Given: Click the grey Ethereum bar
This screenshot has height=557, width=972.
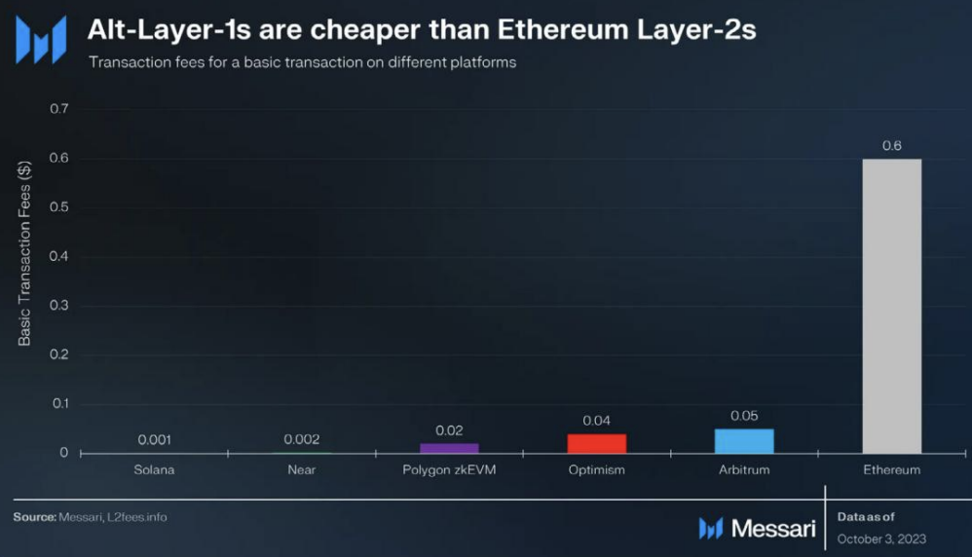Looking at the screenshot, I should pyautogui.click(x=891, y=306).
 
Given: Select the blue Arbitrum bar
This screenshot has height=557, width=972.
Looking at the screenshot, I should pyautogui.click(x=744, y=441).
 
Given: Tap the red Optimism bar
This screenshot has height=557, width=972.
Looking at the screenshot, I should pyautogui.click(x=596, y=443).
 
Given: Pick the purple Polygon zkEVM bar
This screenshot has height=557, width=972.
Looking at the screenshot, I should pyautogui.click(x=449, y=448).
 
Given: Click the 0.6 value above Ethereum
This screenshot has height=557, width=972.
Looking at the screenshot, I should pyautogui.click(x=891, y=145).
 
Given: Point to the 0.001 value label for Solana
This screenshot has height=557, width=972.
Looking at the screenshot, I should pyautogui.click(x=154, y=439).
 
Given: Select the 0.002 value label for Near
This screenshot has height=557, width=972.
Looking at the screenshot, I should pyautogui.click(x=301, y=439).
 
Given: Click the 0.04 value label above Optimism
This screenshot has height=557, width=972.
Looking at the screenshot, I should pyautogui.click(x=596, y=420).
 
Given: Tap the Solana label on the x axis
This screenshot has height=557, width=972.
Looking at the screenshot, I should pyautogui.click(x=154, y=469).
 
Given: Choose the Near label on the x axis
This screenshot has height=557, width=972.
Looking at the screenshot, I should pyautogui.click(x=301, y=469).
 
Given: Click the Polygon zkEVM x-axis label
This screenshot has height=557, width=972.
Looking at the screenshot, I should pyautogui.click(x=449, y=469).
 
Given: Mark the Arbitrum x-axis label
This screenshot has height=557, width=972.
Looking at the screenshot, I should pyautogui.click(x=744, y=469).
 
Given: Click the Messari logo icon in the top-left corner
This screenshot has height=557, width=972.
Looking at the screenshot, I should pyautogui.click(x=41, y=39).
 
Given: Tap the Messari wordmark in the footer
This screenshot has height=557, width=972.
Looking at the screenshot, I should pyautogui.click(x=772, y=528).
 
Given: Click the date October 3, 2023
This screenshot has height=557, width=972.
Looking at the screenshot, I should pyautogui.click(x=881, y=538).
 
